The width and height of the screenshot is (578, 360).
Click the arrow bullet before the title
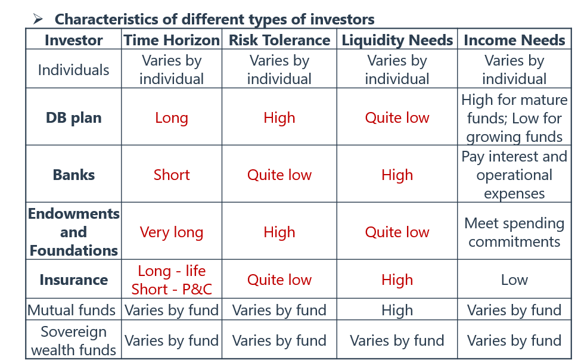click(x=38, y=19)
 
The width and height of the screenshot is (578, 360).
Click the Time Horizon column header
click(x=172, y=40)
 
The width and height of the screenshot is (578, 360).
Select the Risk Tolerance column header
click(x=279, y=40)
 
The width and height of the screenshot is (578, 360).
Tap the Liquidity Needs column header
click(x=397, y=40)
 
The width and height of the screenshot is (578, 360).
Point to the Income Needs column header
click(x=514, y=40)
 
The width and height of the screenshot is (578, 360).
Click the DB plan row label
click(x=74, y=117)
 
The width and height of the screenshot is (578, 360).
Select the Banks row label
click(x=74, y=175)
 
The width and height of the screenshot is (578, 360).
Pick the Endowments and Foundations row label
click(x=74, y=232)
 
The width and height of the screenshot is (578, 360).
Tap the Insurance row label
click(x=74, y=280)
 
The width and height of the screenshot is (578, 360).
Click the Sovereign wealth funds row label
click(x=74, y=340)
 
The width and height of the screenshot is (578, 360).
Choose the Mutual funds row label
click(x=72, y=310)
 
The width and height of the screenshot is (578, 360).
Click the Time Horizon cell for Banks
click(x=172, y=175)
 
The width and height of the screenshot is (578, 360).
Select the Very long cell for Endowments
click(x=172, y=232)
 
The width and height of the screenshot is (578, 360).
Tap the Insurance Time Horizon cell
click(x=172, y=280)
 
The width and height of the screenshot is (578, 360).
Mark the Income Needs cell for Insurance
click(x=514, y=280)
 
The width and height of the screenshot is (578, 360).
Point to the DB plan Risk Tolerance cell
click(x=279, y=118)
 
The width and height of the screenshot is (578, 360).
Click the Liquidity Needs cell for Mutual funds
click(x=397, y=311)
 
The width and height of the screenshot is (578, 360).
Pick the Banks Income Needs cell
click(x=514, y=175)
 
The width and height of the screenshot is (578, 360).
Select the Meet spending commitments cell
click(x=514, y=232)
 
